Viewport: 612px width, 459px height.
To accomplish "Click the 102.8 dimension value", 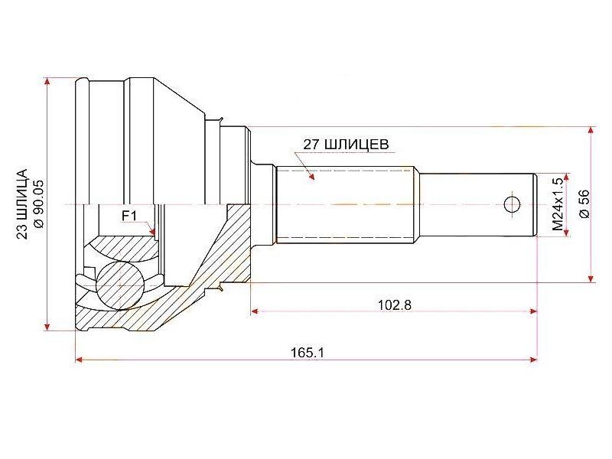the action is tap(394, 304).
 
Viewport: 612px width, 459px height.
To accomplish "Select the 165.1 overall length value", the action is tap(308, 353).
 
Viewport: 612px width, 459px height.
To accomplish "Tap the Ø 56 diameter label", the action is tap(584, 203).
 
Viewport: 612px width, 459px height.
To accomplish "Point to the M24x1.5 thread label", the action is tap(558, 203).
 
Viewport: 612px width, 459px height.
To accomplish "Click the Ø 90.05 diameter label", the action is tap(40, 203).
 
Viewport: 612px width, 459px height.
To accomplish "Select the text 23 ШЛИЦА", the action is tap(22, 203).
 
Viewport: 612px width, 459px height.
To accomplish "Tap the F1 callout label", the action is tap(129, 216).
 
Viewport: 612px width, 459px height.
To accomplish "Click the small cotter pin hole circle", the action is tap(512, 203).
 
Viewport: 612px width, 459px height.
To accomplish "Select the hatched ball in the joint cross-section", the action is tap(120, 285).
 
